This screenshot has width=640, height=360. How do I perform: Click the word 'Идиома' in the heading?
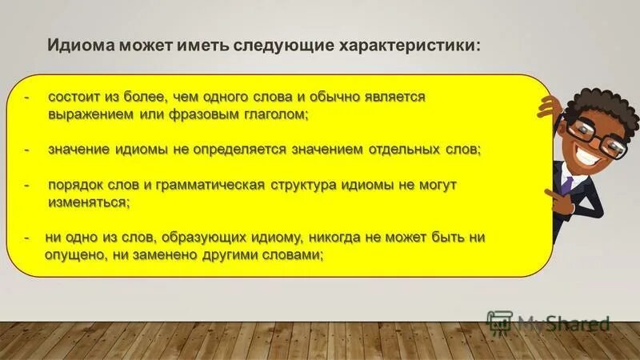click(x=81, y=44)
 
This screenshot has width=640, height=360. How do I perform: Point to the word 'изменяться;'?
click(x=85, y=203)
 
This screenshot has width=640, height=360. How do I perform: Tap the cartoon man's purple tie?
click(x=566, y=182)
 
